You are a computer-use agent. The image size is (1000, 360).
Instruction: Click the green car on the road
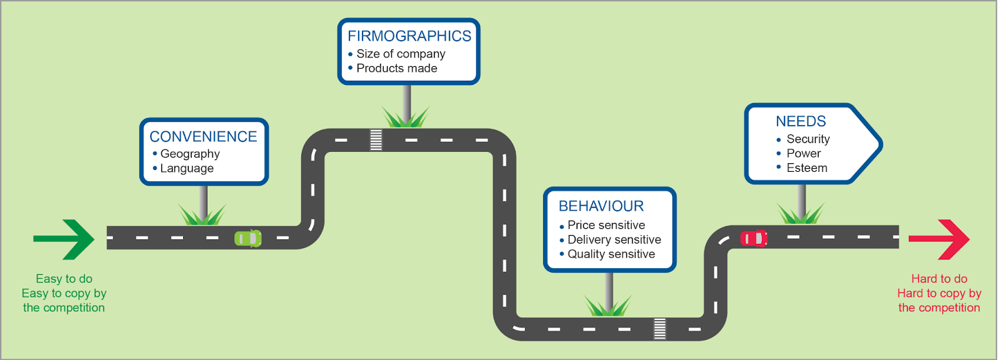tap(248, 238)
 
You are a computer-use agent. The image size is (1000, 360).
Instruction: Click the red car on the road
tap(754, 238)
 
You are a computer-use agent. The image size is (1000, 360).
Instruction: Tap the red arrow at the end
tap(939, 239)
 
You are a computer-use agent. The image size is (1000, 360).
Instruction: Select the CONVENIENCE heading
tap(203, 136)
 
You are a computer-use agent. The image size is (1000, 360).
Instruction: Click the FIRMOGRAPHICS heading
tap(409, 36)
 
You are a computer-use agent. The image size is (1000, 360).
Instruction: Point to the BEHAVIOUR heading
tap(601, 206)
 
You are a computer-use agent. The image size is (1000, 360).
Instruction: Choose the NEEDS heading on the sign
tap(801, 121)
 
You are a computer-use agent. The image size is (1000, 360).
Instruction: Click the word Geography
tap(190, 154)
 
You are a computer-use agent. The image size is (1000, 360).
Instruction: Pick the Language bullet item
tap(187, 168)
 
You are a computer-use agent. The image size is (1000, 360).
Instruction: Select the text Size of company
tap(401, 54)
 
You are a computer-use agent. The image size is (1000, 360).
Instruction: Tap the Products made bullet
tap(397, 68)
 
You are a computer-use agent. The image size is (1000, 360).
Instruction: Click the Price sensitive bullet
tap(606, 225)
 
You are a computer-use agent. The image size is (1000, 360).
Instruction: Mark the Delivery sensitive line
tap(614, 239)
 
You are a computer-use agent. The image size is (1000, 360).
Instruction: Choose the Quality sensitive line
tap(611, 254)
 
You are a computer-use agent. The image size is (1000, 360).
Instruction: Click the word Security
tap(808, 139)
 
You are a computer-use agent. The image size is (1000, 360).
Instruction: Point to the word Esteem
tap(807, 168)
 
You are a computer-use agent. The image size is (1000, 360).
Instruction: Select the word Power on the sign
tap(804, 153)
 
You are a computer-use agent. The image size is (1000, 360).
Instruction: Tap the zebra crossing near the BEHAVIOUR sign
tap(659, 328)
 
